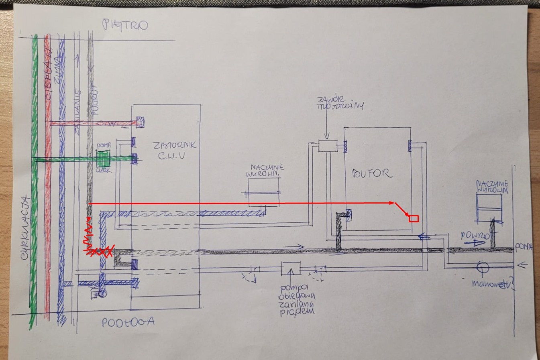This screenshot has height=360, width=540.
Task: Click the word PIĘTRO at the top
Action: coord(125,25)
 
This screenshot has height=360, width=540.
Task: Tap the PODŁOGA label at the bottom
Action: coord(128,322)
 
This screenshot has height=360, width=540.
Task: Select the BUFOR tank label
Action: coord(372,173)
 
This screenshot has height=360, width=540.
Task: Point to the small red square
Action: coord(414,219)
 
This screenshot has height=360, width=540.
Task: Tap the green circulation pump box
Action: coord(103,159)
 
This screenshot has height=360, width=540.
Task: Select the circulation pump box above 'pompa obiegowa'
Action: coord(291,268)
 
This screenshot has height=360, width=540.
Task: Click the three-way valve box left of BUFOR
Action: coord(328,146)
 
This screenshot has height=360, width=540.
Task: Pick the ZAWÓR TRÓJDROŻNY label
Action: coord(340,103)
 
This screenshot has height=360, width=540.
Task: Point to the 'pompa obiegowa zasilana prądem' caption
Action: coord(298,299)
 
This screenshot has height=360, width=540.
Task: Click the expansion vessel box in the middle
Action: coord(263,192)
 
